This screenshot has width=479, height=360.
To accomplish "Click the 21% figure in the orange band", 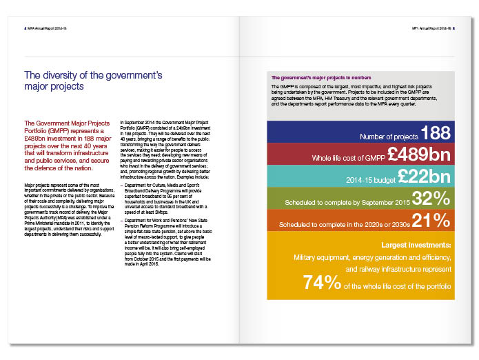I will coord(431,221).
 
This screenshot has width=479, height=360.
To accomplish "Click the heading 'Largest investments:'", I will coord(416,245).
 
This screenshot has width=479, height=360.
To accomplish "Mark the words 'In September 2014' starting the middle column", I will coord(136,121).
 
